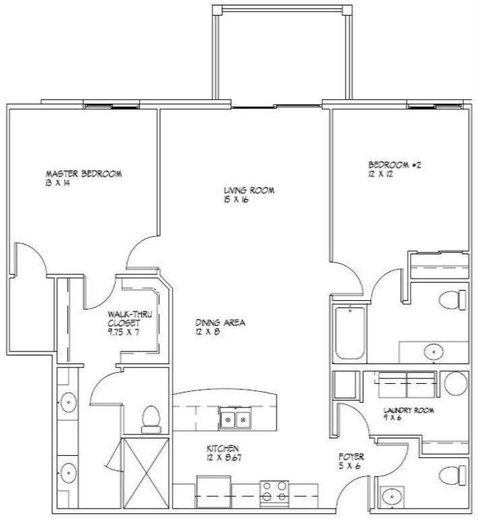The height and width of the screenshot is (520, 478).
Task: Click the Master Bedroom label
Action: click(84, 174)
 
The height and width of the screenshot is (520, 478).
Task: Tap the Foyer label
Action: click(351, 457)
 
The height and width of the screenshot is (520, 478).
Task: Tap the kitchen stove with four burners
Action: click(274, 490)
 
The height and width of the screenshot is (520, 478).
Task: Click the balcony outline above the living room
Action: click(282, 54)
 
